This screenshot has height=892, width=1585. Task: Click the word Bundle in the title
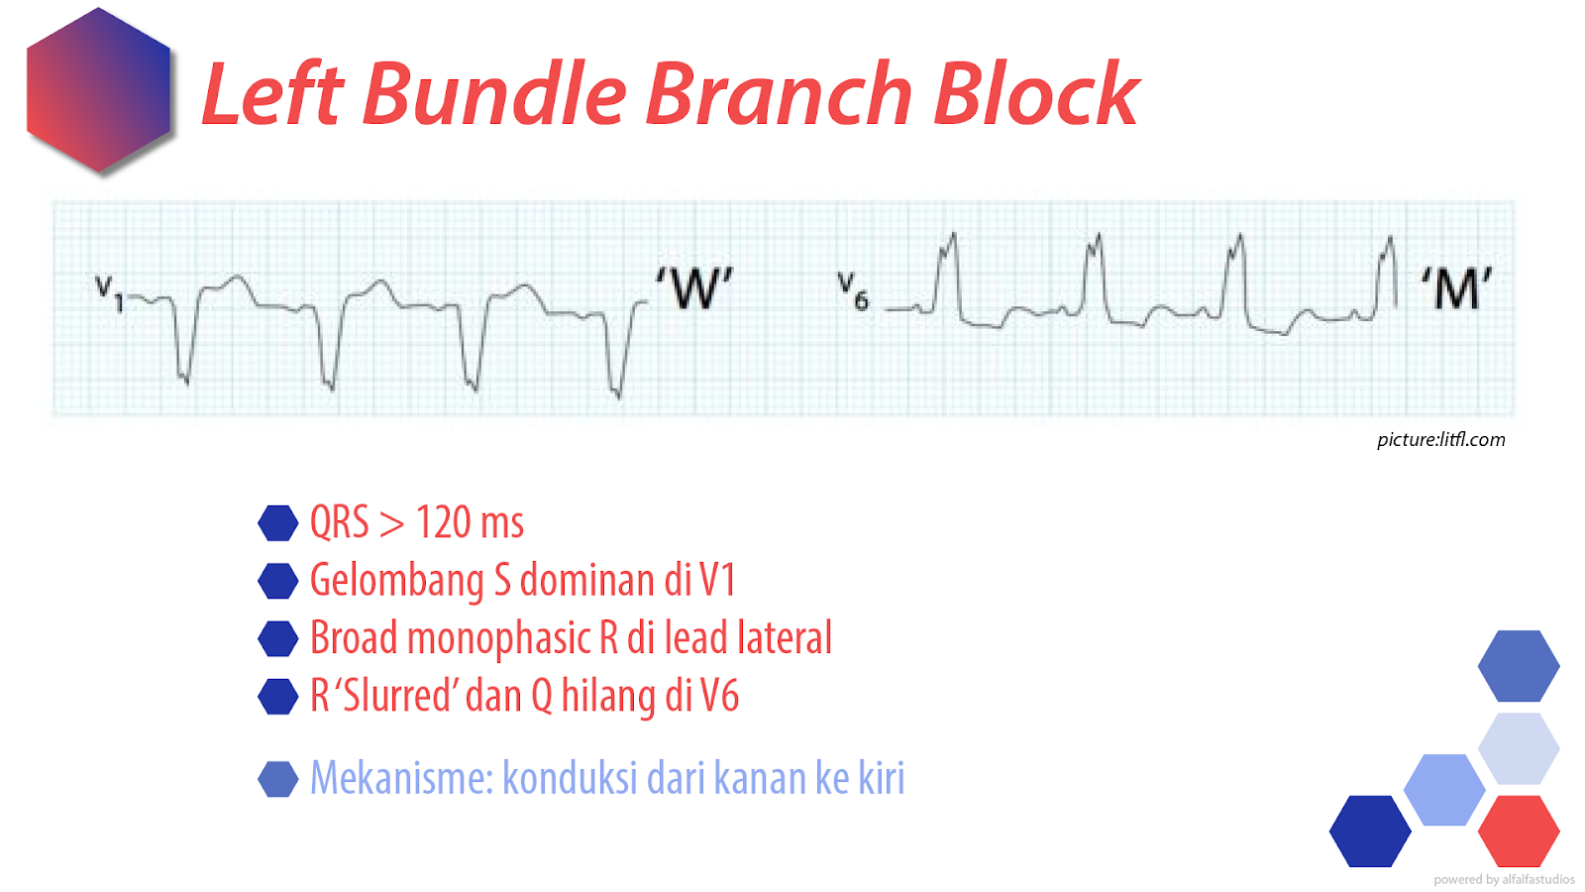(495, 95)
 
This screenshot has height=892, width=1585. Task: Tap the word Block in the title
(1036, 95)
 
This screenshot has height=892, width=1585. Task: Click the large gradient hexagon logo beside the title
(98, 91)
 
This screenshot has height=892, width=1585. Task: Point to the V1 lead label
(109, 292)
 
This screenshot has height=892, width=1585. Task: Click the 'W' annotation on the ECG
(693, 288)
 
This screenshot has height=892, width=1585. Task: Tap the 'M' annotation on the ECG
(1456, 288)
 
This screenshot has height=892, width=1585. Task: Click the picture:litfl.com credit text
(1440, 439)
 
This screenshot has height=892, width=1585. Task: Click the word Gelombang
(396, 581)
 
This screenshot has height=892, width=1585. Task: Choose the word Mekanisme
(401, 778)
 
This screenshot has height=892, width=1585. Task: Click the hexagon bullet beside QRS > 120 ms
(278, 523)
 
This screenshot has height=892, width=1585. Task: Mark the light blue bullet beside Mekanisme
(278, 779)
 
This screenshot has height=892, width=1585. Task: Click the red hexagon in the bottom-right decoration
(1518, 831)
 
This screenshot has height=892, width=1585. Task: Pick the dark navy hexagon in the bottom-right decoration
(1369, 831)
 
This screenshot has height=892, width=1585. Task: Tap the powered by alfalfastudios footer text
(1503, 879)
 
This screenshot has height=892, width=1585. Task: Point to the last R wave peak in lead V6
(1390, 240)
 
